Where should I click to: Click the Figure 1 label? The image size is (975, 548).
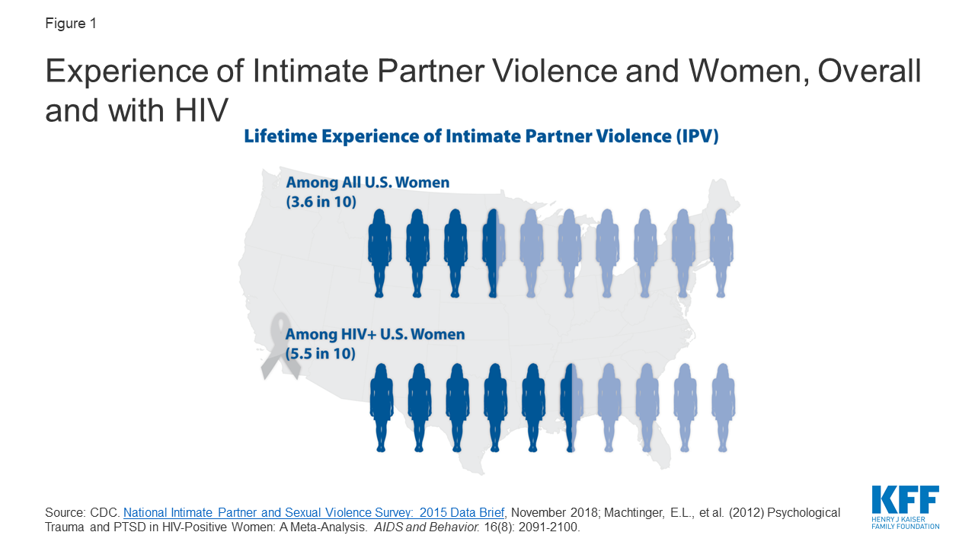[x=71, y=23]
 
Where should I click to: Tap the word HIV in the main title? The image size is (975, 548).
[x=201, y=110]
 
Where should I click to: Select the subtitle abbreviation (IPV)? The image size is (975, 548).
[x=697, y=136]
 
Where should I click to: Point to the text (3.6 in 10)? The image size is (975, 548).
[x=321, y=202]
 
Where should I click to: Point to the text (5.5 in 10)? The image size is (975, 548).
[x=321, y=353]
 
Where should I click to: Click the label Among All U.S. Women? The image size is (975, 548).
[x=367, y=182]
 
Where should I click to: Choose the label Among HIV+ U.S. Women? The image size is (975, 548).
[x=375, y=334]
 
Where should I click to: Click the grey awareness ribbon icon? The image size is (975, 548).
[x=281, y=346]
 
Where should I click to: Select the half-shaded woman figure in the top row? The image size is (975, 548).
[x=493, y=253]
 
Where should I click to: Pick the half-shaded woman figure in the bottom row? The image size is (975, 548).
[x=571, y=407]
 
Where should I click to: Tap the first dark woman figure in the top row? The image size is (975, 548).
[x=379, y=253]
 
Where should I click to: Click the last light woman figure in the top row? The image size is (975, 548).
[x=721, y=253]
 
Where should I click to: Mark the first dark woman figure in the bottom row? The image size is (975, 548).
[x=382, y=407]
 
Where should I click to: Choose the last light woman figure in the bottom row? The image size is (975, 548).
[x=723, y=407]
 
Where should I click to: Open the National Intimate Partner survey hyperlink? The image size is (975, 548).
[x=314, y=513]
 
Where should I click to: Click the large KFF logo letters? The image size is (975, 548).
[x=906, y=499]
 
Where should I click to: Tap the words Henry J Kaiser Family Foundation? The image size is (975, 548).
[x=906, y=523]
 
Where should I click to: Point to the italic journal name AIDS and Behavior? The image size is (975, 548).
[x=427, y=527]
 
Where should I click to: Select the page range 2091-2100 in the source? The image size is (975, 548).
[x=548, y=527]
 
